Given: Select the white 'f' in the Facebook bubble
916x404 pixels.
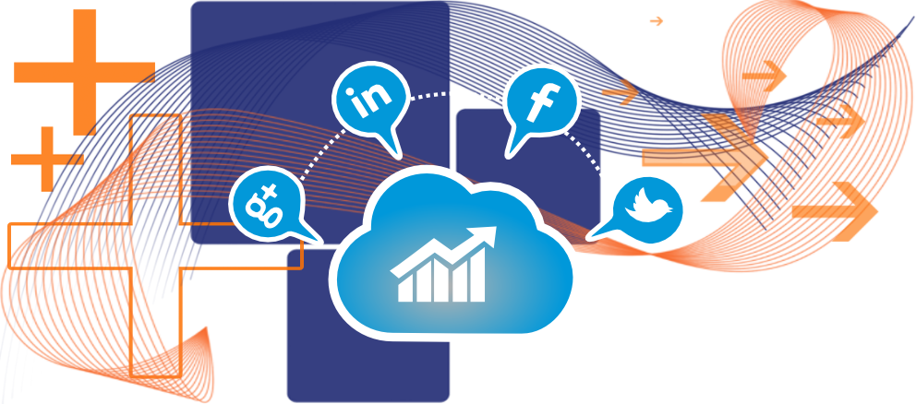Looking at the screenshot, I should (x=540, y=101).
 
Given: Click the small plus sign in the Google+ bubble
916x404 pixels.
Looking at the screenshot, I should (x=270, y=189).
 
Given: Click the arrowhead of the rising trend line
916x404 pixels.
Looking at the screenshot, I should (x=486, y=234).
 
